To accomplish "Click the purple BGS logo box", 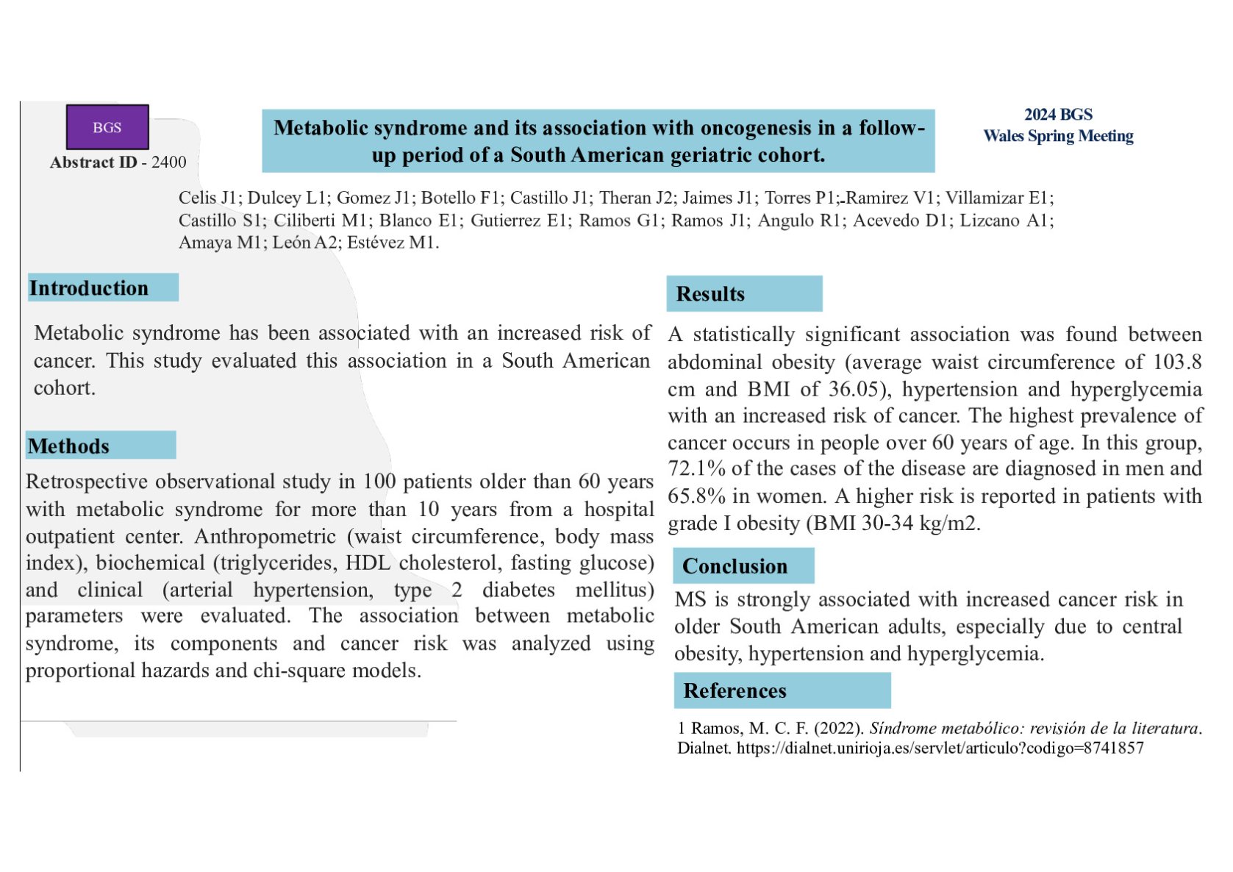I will [107, 127].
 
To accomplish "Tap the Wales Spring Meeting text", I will [1058, 136].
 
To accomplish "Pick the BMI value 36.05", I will [854, 389].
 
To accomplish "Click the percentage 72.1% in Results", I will [696, 468].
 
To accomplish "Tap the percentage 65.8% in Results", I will [696, 496].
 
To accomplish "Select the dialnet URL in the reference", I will [940, 748].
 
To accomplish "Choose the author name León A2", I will [305, 243].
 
